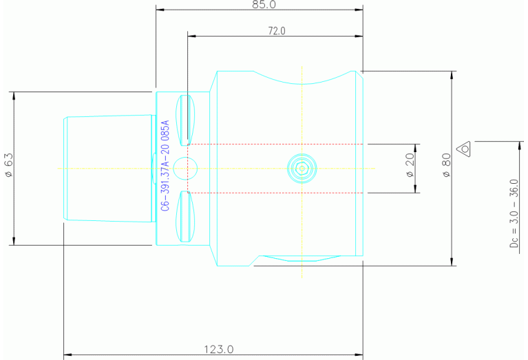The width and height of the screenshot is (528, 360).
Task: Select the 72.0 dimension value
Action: click(x=276, y=30)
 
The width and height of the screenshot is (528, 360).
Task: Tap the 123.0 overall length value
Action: click(x=219, y=350)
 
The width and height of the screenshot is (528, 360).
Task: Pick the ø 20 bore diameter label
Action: click(x=410, y=168)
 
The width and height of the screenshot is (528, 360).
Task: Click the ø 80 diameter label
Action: click(x=446, y=167)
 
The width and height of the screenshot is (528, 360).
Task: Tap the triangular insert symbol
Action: click(x=465, y=147)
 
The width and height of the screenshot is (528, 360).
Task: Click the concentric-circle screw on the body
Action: click(x=302, y=168)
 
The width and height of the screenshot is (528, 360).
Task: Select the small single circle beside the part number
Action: click(x=185, y=167)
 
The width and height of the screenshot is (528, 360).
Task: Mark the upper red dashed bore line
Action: click(x=275, y=144)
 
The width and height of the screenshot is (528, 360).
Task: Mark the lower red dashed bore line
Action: click(x=275, y=193)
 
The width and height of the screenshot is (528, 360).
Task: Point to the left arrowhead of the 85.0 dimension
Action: click(x=160, y=10)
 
